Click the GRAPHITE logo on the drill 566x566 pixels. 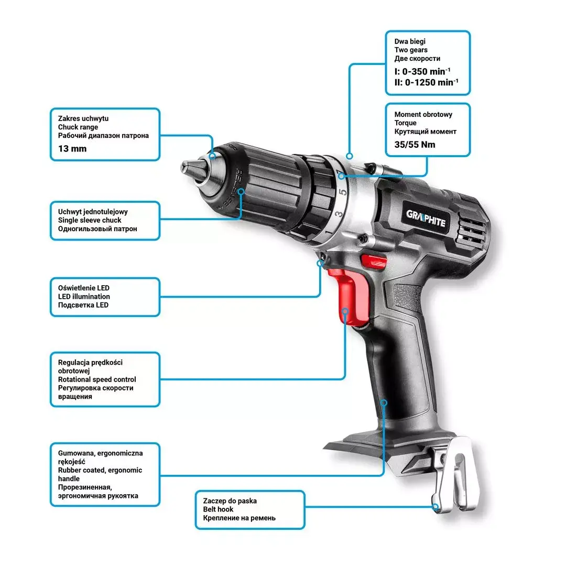(426, 219)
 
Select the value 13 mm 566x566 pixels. (72, 149)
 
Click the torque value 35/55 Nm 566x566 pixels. (415, 145)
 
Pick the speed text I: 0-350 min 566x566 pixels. (422, 71)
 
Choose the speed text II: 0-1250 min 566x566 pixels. (426, 83)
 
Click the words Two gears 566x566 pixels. (411, 50)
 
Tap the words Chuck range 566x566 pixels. (78, 127)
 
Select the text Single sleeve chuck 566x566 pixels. (90, 220)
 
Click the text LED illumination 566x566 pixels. (84, 297)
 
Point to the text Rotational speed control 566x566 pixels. (97, 379)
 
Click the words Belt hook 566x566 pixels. (218, 509)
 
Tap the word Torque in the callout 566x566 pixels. (405, 123)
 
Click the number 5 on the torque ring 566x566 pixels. (343, 192)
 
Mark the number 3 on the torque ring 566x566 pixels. (338, 214)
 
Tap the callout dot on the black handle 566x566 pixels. (384, 402)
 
